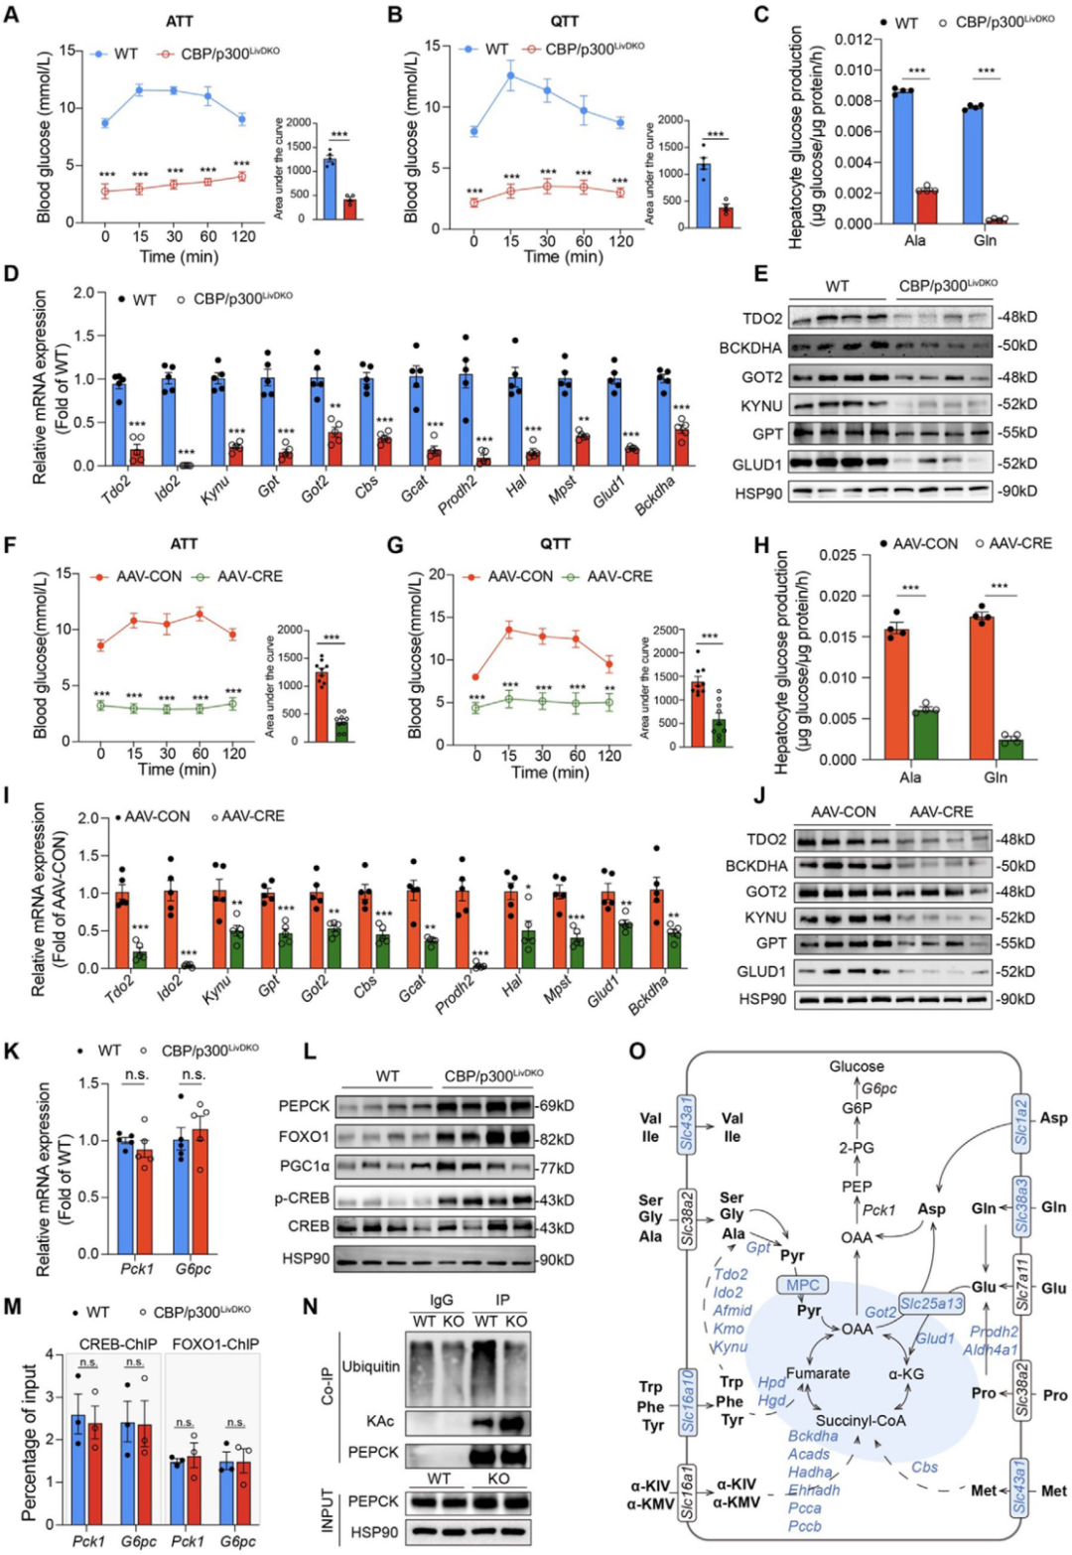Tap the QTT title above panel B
point(563,20)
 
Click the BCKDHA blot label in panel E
point(750,347)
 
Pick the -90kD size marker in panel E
point(1017,491)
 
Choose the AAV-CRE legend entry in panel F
point(239,576)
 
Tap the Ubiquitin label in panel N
point(370,1366)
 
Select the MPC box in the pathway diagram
point(803,1285)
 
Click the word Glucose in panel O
point(857,1065)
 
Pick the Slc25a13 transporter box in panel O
point(930,1303)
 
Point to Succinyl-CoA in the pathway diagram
point(861,1420)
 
